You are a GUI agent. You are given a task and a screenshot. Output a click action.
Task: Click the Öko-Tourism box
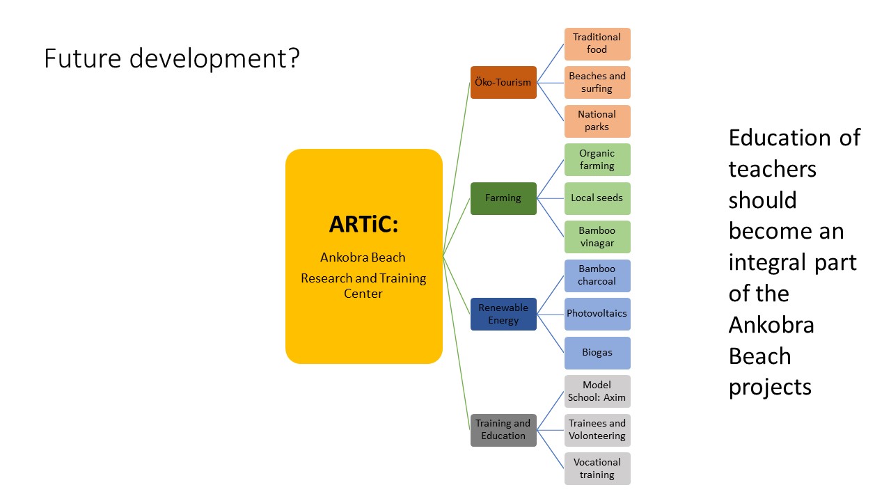pos(503,82)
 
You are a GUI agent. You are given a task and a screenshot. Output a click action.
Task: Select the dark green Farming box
pos(503,198)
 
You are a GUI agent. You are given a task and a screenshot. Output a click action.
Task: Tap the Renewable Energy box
pos(503,314)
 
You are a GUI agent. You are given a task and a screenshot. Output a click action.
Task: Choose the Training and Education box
pos(503,430)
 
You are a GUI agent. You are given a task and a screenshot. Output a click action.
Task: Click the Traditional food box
pos(597,44)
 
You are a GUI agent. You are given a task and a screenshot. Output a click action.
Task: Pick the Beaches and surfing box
pos(597,82)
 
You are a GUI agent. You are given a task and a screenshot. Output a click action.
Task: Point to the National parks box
pos(597,121)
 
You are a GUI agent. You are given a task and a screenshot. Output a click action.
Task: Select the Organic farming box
pos(597,159)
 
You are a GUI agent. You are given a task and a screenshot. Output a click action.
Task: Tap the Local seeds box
pos(597,198)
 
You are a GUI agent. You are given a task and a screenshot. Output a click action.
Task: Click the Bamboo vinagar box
pos(597,237)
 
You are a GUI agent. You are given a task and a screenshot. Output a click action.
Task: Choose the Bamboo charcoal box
pos(597,276)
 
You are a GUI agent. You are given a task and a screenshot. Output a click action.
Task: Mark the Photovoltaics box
pos(597,314)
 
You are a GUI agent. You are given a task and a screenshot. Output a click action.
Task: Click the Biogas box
pos(597,353)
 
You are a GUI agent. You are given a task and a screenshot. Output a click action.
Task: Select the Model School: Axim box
pos(597,391)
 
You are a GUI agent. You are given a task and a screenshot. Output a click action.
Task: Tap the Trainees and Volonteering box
pos(597,430)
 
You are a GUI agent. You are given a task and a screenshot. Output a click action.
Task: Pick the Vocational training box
pos(597,468)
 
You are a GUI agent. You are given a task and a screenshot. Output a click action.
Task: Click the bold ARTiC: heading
pos(363,224)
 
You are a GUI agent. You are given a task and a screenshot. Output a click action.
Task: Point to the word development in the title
pos(214,59)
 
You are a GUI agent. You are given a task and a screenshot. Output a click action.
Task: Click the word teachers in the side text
pos(772,169)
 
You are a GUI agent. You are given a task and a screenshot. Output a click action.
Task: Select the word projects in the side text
pos(770,388)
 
